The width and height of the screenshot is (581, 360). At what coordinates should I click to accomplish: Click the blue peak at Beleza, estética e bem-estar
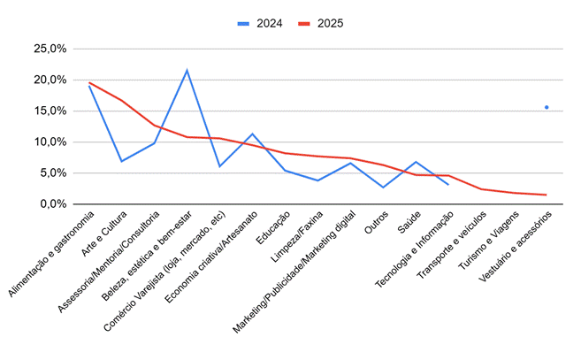pyautogui.click(x=187, y=70)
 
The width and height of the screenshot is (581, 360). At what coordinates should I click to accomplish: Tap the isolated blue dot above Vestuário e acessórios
pyautogui.click(x=547, y=107)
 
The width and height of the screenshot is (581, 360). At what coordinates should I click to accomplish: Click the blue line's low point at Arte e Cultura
pyautogui.click(x=121, y=161)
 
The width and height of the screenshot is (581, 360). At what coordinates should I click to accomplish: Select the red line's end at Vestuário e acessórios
pyautogui.click(x=547, y=195)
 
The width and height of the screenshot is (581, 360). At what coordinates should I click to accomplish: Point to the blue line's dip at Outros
pyautogui.click(x=383, y=188)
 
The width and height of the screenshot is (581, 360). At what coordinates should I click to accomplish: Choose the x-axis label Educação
pyautogui.click(x=272, y=228)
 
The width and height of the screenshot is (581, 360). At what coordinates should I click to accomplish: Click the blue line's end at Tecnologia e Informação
pyautogui.click(x=448, y=184)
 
